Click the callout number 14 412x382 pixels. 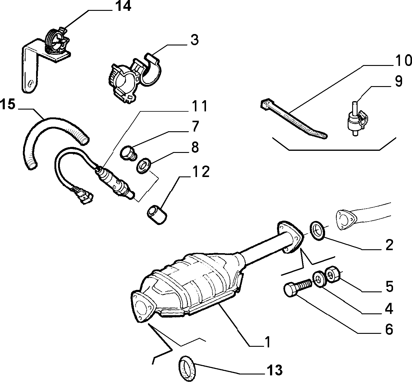click(x=123, y=6)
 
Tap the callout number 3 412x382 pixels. click(x=195, y=40)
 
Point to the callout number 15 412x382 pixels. click(x=8, y=104)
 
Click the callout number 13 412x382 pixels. click(x=274, y=370)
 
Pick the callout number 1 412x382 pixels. click(x=268, y=342)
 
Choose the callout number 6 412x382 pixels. click(x=389, y=329)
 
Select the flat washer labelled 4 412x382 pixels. click(x=320, y=279)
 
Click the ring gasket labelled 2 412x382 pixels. click(x=317, y=231)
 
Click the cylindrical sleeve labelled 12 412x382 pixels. click(x=157, y=215)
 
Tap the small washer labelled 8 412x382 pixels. click(x=143, y=166)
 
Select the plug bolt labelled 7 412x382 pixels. click(x=128, y=153)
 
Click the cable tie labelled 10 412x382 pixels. click(x=293, y=118)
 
